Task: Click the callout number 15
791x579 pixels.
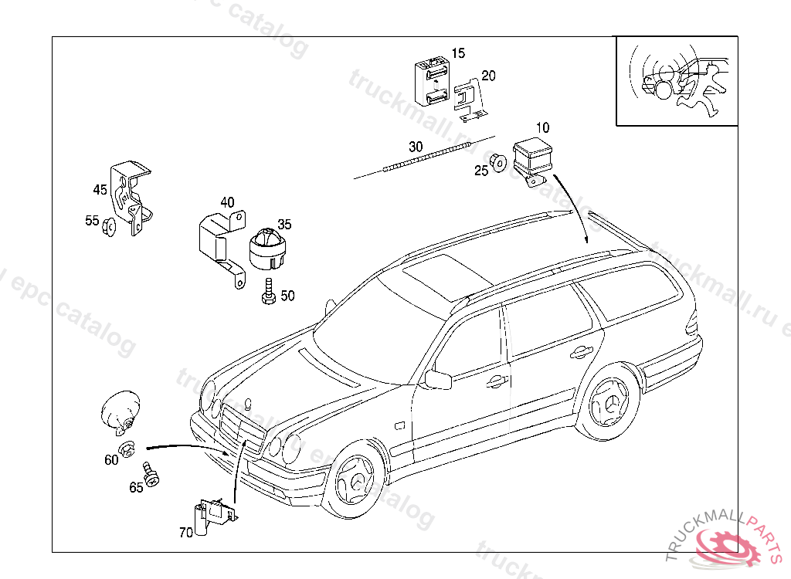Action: tap(459, 53)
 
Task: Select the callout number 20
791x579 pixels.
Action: tap(488, 76)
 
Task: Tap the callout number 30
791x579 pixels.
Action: tap(416, 147)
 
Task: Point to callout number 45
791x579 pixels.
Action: tap(100, 189)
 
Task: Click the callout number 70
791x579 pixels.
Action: tap(185, 532)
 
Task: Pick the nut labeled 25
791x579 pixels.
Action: tap(499, 163)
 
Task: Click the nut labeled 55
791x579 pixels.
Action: tap(109, 225)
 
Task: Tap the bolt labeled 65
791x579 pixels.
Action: tap(151, 476)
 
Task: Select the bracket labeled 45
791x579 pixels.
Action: tap(130, 196)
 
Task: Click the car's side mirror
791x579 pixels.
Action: tap(438, 380)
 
